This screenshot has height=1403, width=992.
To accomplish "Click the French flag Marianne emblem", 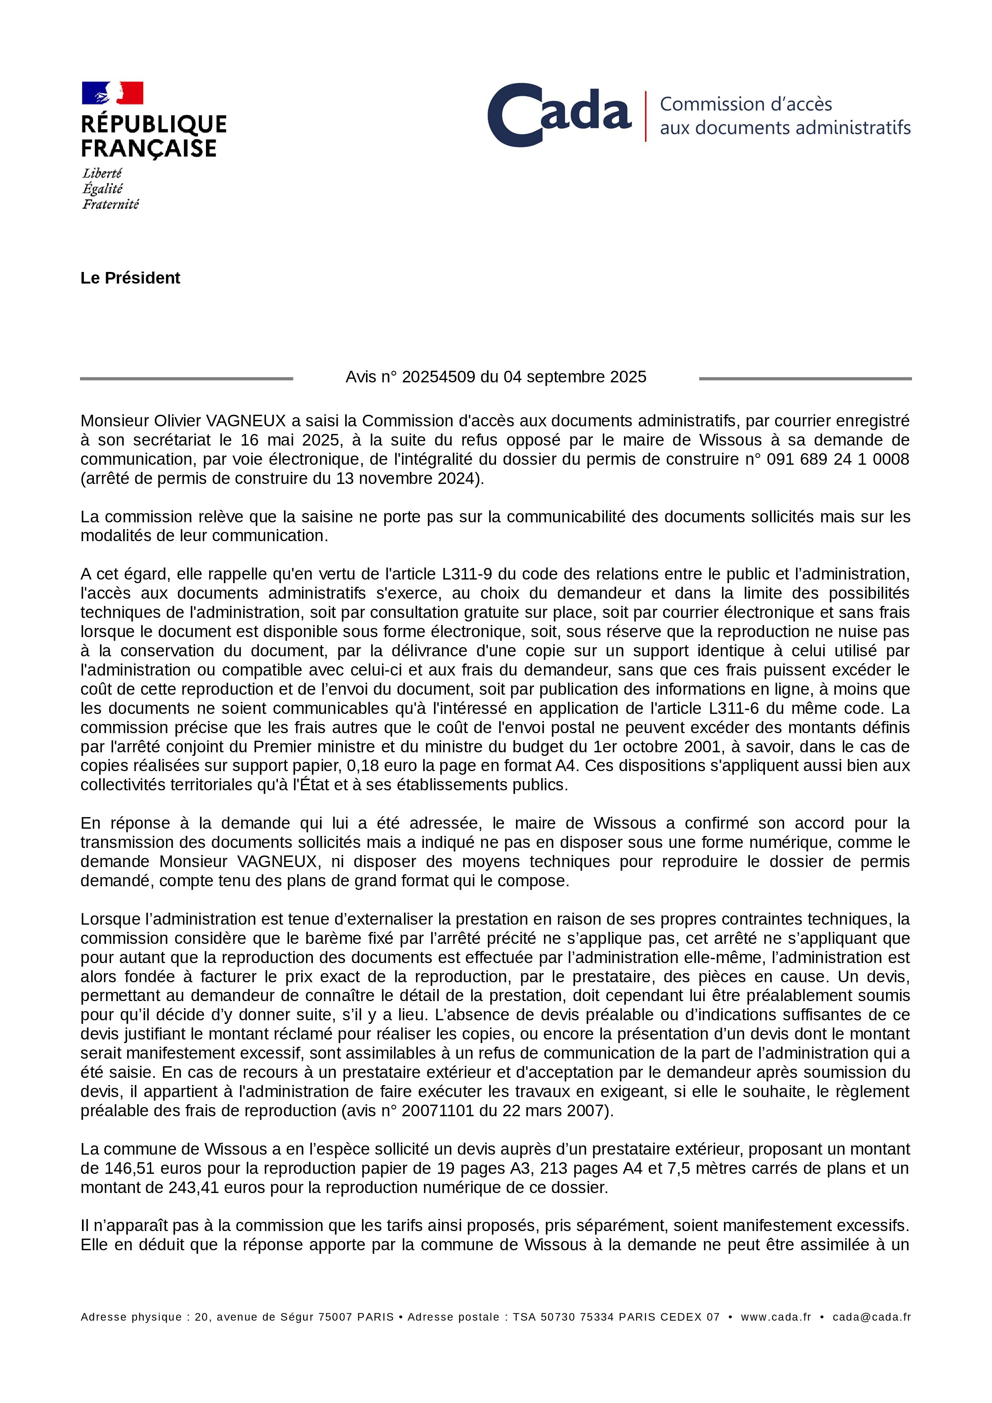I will (112, 93).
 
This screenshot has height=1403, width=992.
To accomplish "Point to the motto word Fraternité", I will (111, 204).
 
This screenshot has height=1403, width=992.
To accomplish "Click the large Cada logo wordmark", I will (559, 115).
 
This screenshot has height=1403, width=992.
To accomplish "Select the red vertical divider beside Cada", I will (646, 116).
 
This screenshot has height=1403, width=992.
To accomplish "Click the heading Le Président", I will (130, 278).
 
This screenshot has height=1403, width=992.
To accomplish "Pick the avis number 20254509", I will (439, 377).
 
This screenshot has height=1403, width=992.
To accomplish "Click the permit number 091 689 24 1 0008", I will (837, 459).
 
